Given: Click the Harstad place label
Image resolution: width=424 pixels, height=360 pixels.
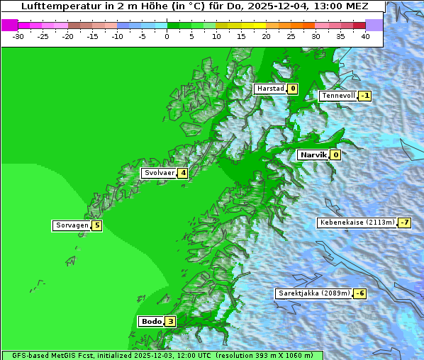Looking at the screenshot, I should point(270,89).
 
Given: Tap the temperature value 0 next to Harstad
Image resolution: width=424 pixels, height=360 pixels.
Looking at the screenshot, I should point(291,89).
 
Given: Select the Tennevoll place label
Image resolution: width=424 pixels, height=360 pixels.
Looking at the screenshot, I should point(337,96).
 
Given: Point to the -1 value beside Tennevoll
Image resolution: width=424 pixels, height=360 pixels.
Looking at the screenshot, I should point(364,96).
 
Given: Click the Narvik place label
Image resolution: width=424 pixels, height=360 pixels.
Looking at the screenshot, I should point(313,154).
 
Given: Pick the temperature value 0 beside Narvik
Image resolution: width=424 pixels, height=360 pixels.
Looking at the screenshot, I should point(335,154).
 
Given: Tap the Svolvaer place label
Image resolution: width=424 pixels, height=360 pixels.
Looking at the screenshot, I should point(159,173).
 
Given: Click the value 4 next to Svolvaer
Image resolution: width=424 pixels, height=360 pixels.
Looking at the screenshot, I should point(183,173).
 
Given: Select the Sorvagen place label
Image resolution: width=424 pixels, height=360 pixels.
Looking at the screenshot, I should point(72,225).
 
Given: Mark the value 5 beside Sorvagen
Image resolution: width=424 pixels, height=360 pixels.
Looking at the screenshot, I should point(97,225).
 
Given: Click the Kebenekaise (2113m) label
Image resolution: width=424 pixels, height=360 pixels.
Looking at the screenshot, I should point(357,223).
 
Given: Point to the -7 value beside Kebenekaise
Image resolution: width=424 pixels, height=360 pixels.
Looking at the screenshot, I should point(404,223).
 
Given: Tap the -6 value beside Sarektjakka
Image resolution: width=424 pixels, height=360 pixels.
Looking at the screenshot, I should point(359,293).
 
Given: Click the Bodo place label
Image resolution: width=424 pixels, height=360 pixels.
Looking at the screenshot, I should point(151,321).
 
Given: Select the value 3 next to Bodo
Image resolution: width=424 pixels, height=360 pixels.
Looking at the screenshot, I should point(170,321).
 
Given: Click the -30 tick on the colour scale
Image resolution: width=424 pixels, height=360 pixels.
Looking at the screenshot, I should point(18,36).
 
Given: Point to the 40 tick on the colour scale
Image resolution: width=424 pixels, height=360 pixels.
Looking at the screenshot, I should point(365,36).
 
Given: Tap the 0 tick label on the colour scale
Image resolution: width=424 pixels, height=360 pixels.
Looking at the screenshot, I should point(167,36).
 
